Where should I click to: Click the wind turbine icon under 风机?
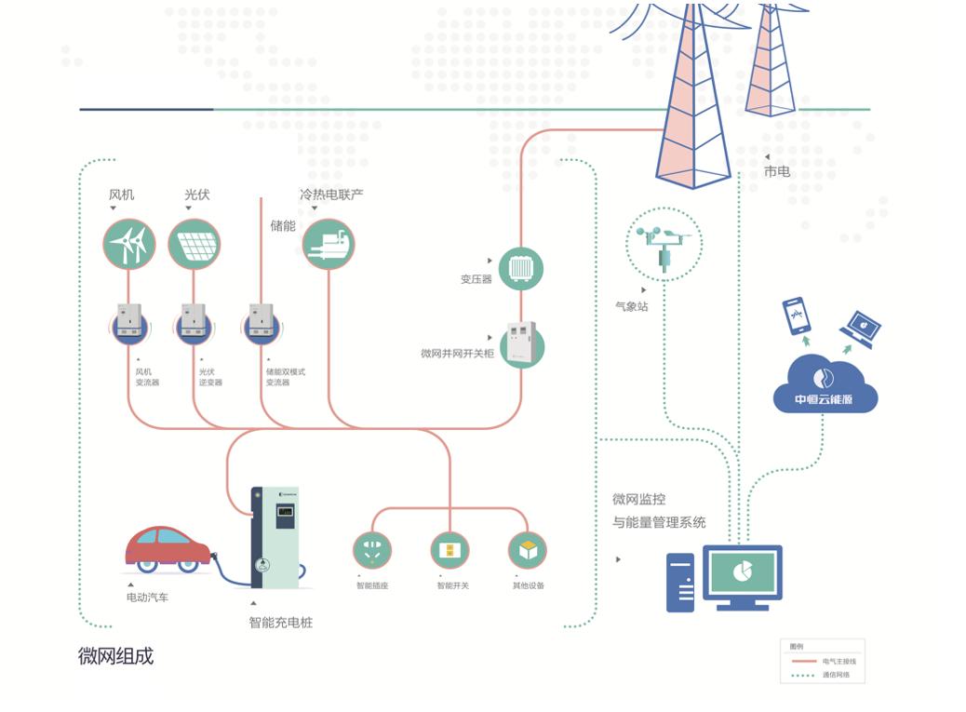click(x=128, y=244)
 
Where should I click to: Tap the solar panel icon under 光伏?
click(x=194, y=244)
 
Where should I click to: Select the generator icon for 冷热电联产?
click(x=329, y=244)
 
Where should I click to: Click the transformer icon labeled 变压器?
click(x=520, y=269)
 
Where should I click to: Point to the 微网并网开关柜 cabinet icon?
click(x=520, y=345)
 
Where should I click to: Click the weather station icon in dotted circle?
click(x=664, y=245)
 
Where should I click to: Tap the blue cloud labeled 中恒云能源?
click(x=825, y=383)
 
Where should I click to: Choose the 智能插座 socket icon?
click(x=372, y=550)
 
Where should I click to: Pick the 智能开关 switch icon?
click(x=449, y=550)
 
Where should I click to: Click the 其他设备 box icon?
click(x=528, y=550)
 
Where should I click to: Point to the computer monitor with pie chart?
click(x=742, y=575)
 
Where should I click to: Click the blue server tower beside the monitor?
click(x=680, y=582)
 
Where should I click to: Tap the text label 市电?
click(x=777, y=171)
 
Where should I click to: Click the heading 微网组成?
click(x=115, y=656)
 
